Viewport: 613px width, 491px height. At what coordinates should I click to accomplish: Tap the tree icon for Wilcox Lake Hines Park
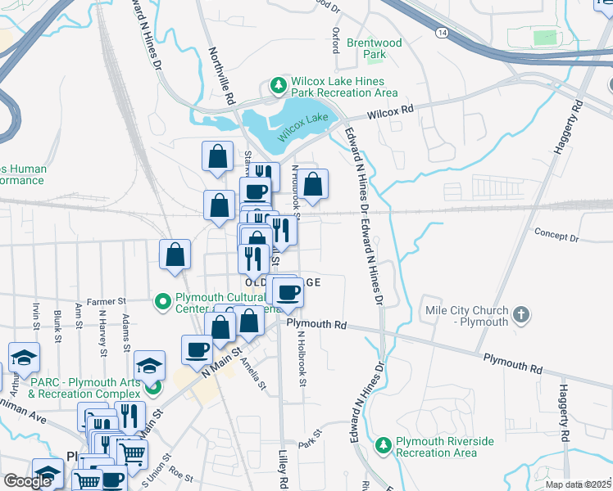tap(279, 85)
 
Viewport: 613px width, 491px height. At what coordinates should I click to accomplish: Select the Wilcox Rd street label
tap(391, 112)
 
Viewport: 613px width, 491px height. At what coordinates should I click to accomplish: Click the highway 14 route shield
tap(443, 32)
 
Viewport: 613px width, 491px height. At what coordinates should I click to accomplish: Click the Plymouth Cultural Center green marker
tap(163, 303)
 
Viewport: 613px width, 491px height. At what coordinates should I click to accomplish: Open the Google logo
tap(27, 481)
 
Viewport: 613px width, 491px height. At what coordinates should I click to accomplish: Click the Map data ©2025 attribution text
tap(578, 484)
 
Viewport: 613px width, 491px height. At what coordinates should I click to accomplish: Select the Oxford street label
tap(335, 40)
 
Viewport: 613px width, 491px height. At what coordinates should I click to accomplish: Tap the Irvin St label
tap(36, 315)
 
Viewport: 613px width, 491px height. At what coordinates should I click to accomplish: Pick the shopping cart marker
tap(132, 453)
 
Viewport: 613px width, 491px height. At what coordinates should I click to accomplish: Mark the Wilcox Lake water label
tap(302, 125)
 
